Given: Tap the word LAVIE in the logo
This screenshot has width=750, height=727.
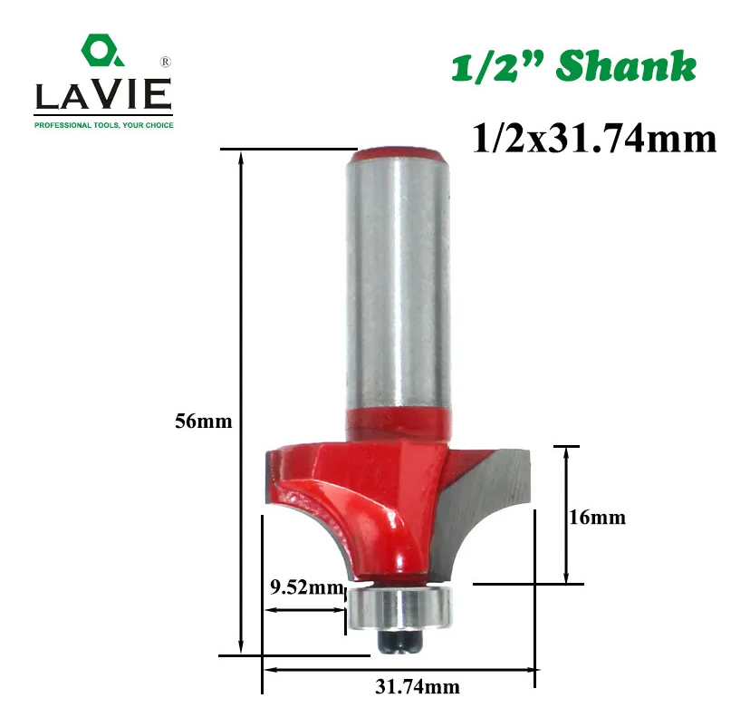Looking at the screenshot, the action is (103, 94).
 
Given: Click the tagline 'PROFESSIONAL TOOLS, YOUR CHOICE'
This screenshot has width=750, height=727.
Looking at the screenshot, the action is (104, 125).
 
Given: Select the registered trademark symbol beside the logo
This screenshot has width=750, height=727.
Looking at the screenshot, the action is (165, 62).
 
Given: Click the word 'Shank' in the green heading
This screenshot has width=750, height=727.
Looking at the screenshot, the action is (626, 66).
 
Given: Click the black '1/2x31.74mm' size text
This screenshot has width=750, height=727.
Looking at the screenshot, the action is (594, 139).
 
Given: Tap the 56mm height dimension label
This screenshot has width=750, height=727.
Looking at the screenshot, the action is (203, 422).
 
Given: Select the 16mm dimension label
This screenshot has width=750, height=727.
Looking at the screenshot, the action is (598, 518).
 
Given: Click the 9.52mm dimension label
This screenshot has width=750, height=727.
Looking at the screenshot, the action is (306, 586).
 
